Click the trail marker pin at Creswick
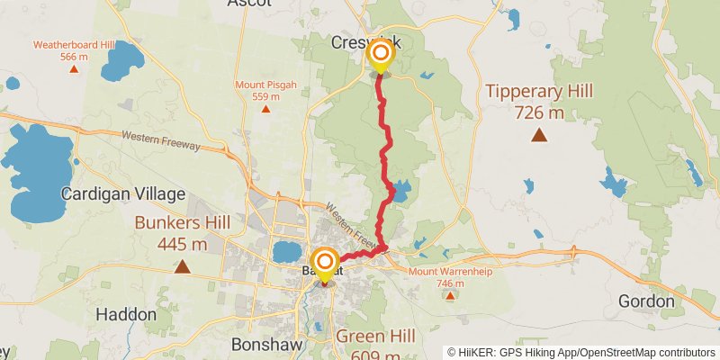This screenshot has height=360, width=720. (x=380, y=57)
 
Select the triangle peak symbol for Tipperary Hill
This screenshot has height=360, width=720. (x=539, y=136)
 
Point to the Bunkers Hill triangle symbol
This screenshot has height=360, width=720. (x=183, y=266)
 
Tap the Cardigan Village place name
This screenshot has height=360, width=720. (x=123, y=193)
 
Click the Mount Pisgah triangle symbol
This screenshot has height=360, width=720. (x=265, y=109)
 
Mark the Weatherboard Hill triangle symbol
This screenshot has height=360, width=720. (x=74, y=68)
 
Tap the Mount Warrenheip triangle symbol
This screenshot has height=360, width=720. (x=449, y=293)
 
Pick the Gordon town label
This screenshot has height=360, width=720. (x=646, y=301)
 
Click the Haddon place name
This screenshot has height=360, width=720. (x=122, y=316)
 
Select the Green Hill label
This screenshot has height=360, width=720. (x=375, y=337)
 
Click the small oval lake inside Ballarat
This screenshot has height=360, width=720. (x=286, y=250)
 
